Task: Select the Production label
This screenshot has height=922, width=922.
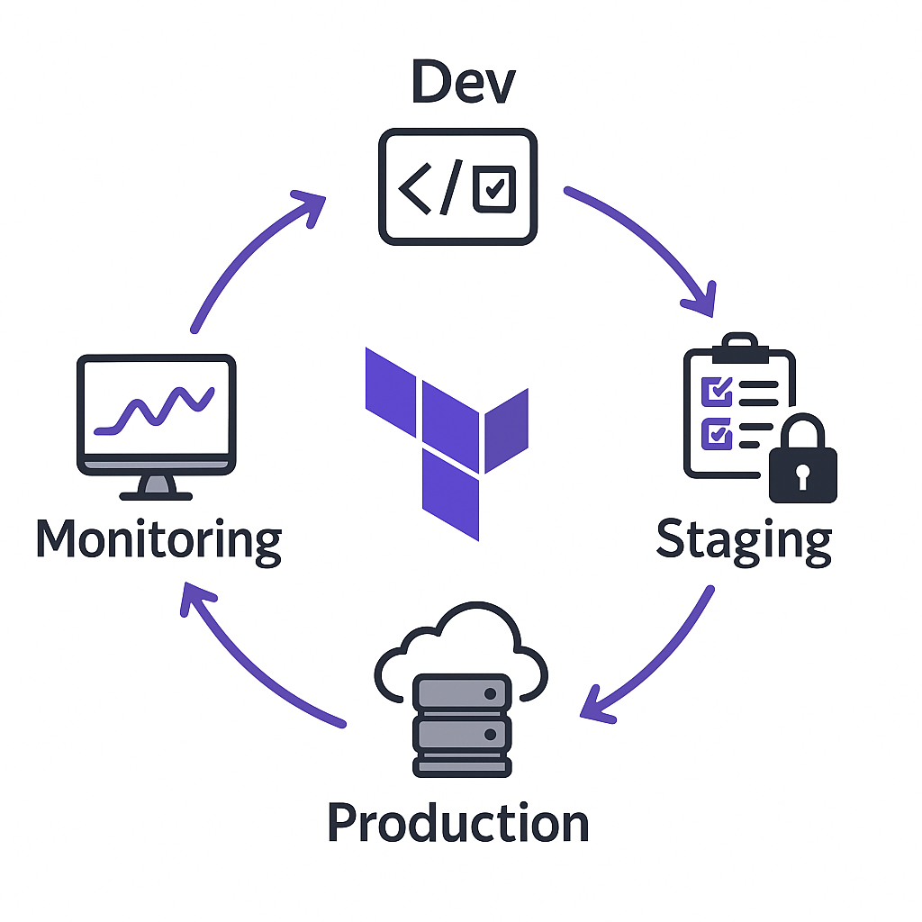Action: point(457,823)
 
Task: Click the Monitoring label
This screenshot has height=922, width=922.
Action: point(158,540)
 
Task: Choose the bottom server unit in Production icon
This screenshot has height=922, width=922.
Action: point(461,764)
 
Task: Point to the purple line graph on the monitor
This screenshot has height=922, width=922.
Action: point(157,411)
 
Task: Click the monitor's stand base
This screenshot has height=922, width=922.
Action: point(157,493)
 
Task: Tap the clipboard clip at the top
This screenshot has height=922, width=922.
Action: point(739,346)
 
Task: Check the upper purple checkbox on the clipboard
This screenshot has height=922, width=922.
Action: point(717,391)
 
